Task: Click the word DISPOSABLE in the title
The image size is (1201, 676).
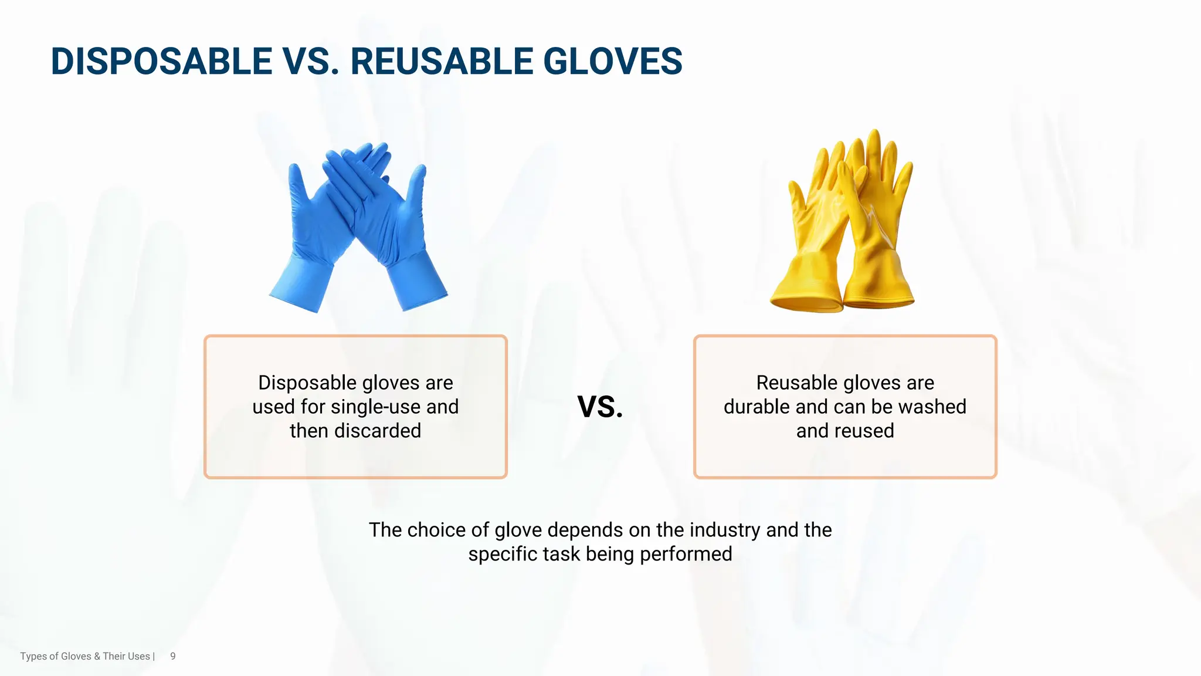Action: point(161,62)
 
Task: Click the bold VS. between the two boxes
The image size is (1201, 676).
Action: point(600,407)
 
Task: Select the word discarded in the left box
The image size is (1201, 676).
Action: point(378,431)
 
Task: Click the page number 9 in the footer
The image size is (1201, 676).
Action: point(173,656)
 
